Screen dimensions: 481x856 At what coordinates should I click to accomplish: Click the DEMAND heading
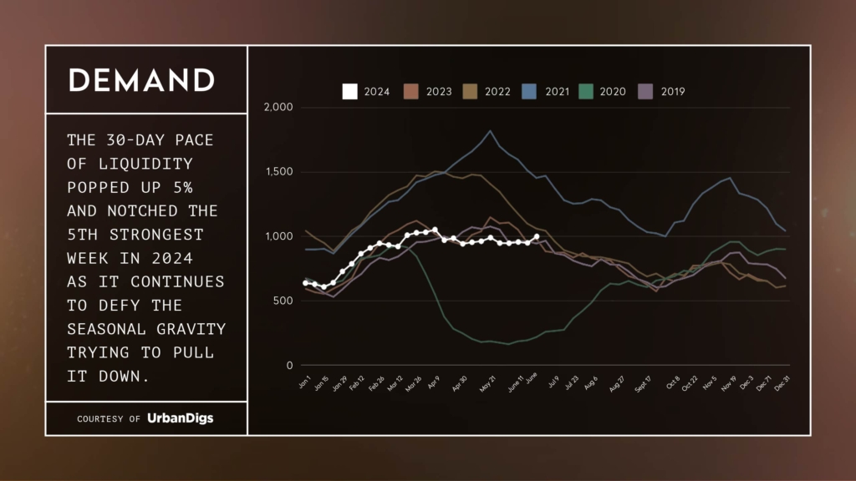tap(141, 80)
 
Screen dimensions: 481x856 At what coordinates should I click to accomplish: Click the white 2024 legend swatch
tap(350, 92)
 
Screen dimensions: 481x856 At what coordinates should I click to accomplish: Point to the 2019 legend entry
tap(661, 92)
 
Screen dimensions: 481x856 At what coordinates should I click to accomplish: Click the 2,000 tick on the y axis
tap(278, 108)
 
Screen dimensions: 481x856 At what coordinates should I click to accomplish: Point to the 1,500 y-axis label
tap(278, 172)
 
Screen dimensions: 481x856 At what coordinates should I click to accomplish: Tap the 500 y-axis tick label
tap(283, 301)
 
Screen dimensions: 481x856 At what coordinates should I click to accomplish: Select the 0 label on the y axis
tap(290, 366)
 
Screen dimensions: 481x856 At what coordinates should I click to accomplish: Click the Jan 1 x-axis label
tap(303, 384)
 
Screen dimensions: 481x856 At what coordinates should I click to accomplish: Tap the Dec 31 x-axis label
tap(784, 386)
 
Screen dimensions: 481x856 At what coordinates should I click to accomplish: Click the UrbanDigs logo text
tap(180, 418)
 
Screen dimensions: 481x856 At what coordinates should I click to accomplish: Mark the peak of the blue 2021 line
tap(490, 130)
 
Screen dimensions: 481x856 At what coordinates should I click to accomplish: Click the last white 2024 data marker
tap(536, 236)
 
